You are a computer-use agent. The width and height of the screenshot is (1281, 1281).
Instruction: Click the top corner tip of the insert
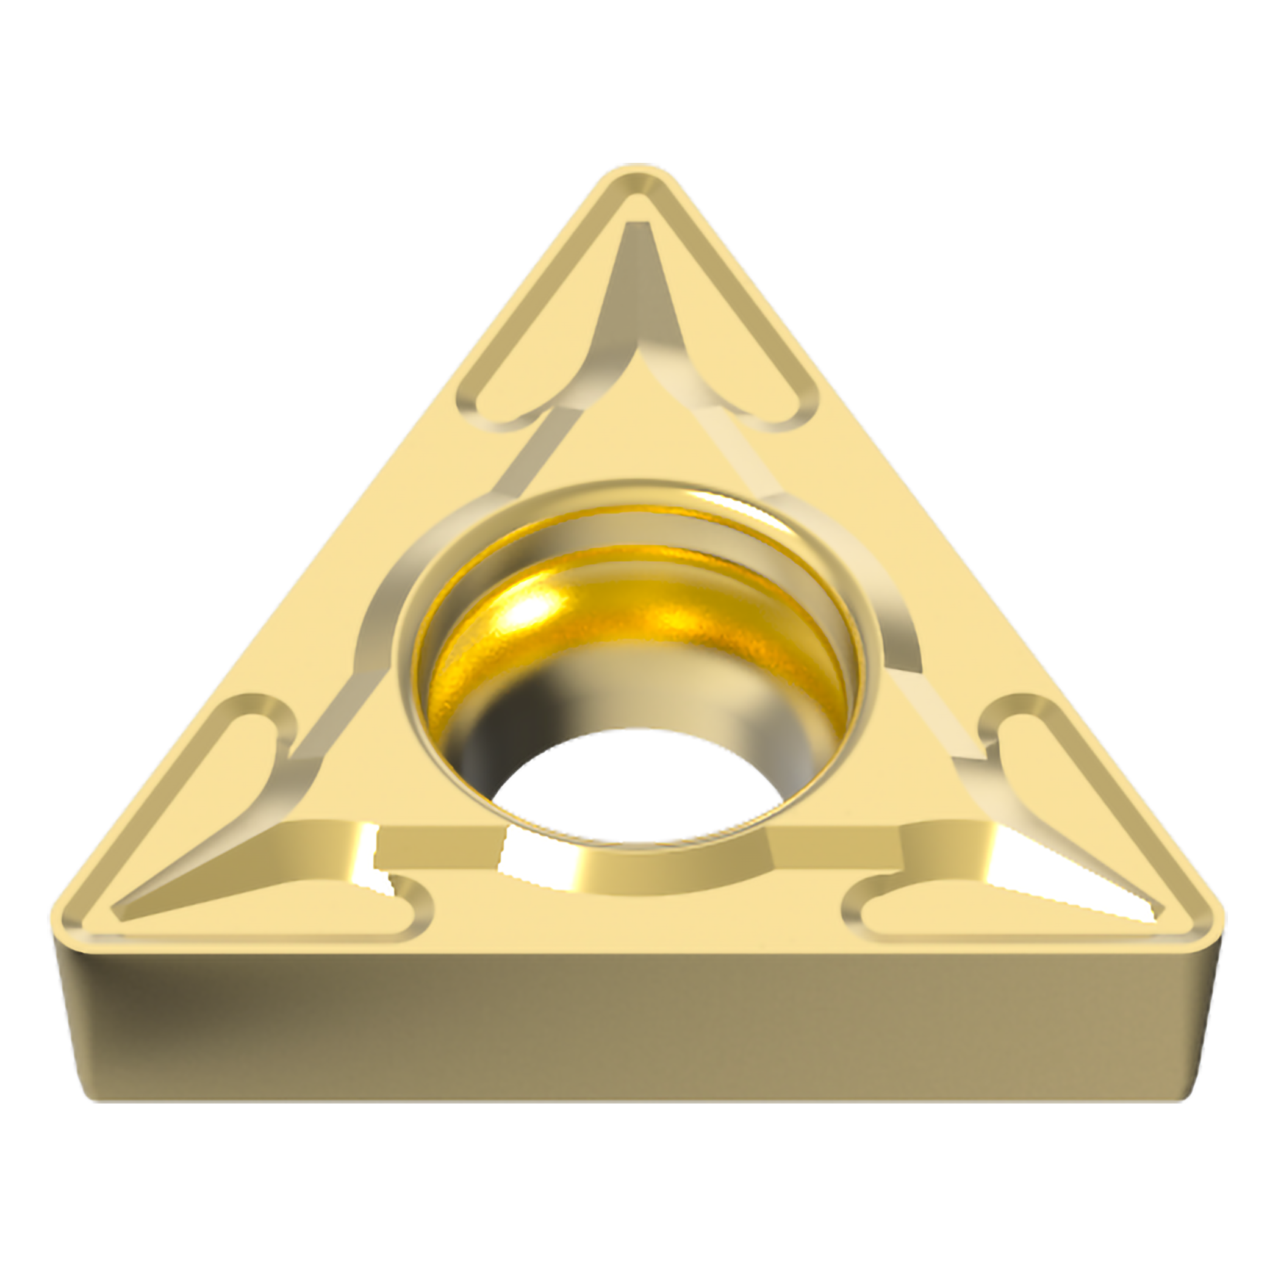pyautogui.click(x=640, y=174)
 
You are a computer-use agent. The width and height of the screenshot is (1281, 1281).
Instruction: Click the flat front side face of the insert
pyautogui.click(x=636, y=1035)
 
